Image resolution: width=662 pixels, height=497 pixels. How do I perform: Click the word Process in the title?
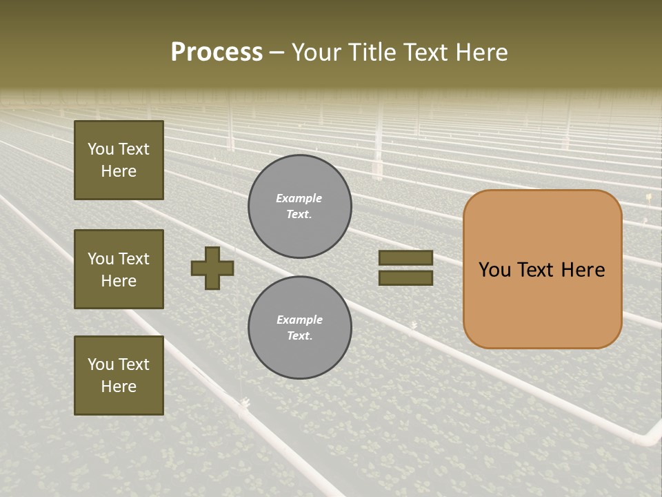point(217,52)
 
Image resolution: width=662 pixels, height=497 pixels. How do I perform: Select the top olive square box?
point(119,160)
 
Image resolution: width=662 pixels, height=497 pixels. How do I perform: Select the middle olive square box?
point(119,269)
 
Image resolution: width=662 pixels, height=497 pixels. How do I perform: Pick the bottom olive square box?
point(119,375)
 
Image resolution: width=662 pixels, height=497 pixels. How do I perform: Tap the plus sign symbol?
point(212,268)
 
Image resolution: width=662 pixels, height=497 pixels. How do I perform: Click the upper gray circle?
point(299,206)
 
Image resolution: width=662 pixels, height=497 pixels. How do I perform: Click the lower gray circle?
point(299,328)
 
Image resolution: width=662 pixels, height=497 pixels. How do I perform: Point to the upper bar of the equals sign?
point(405,258)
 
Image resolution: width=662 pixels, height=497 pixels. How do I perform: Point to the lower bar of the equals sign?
point(405,278)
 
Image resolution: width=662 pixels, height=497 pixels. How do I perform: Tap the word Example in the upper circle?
point(299,198)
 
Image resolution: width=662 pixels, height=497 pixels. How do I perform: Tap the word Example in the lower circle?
point(299,320)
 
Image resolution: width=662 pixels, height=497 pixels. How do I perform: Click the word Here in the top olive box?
point(119,171)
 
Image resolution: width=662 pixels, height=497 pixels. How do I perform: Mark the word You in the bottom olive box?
point(101,364)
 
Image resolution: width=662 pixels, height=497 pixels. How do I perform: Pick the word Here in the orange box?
point(583,270)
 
